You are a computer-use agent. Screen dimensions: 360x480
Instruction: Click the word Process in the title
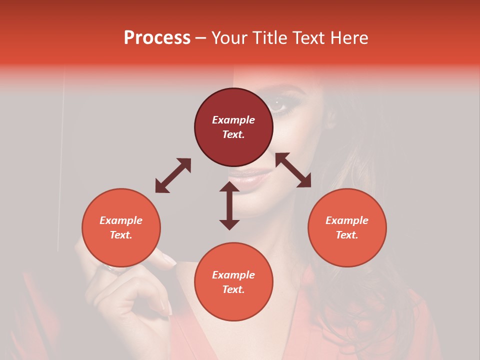click(x=157, y=38)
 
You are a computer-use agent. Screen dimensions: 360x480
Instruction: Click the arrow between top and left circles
click(x=173, y=175)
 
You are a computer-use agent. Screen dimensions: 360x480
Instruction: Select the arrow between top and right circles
click(x=293, y=170)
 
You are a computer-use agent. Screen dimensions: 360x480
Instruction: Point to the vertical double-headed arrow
click(x=229, y=205)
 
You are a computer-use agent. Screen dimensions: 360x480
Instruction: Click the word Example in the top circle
click(x=233, y=120)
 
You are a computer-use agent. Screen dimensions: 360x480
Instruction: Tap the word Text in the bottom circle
click(x=233, y=289)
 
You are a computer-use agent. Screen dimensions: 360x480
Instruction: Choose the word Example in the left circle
click(x=121, y=220)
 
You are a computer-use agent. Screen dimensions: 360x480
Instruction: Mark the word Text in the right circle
click(x=347, y=235)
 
